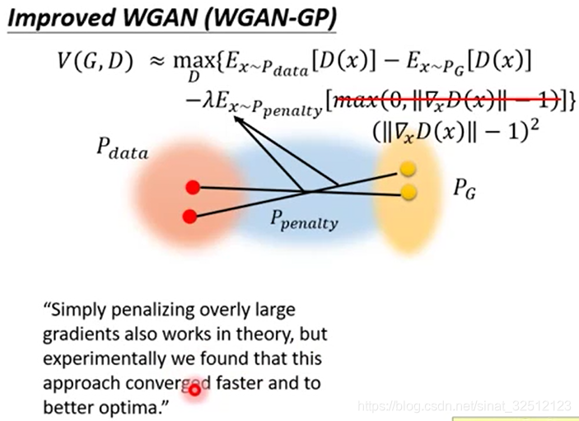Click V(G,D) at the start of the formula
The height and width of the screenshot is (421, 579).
coord(91,63)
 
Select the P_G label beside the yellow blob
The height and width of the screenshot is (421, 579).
coord(465,190)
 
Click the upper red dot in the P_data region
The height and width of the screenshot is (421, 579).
coord(192,187)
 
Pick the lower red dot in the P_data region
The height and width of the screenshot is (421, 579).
coord(189,217)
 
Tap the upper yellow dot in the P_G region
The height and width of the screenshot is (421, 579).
coord(407,170)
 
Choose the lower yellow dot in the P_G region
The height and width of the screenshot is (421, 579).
coord(407,192)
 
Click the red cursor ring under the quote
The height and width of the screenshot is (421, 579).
coord(194,390)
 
